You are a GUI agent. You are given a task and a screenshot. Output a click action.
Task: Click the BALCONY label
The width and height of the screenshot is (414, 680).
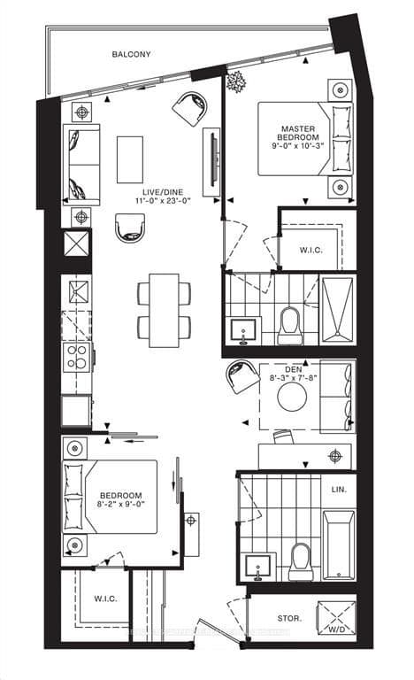coord(131,54)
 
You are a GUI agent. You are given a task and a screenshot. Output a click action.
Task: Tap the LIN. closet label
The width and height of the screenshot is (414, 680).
coord(340,489)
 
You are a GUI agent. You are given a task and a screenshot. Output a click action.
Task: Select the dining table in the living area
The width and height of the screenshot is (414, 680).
coord(164,309)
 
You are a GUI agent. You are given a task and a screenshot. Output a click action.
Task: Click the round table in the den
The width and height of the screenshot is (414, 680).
coord(294,398)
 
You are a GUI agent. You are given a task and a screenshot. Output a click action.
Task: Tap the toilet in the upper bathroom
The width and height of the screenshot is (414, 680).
coord(289,326)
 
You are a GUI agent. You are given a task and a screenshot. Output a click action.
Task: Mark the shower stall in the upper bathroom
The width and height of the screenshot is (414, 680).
coord(336,308)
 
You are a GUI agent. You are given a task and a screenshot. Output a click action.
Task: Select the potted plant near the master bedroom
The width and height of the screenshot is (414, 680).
coord(236,81)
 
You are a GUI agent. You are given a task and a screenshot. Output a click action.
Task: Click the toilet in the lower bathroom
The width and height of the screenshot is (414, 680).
coord(300,560)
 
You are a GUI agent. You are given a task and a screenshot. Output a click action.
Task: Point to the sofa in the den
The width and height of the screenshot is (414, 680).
coord(336,396)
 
